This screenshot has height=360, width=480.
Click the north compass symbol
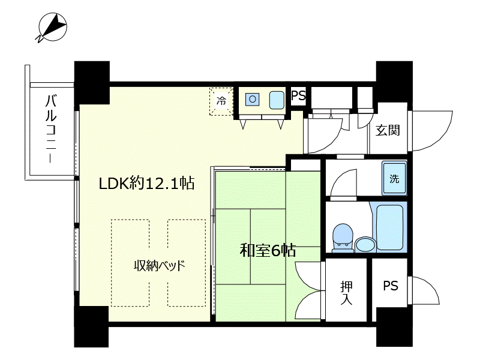(x=52, y=27)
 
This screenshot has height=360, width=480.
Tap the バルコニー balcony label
(x=51, y=128)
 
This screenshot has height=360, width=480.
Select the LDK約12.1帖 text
(x=146, y=183)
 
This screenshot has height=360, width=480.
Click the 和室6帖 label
(x=268, y=250)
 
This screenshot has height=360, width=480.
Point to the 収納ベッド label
(x=160, y=265)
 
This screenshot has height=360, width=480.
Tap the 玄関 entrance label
(x=388, y=130)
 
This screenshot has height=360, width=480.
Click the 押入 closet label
(x=346, y=293)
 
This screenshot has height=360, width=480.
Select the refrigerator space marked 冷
(x=221, y=101)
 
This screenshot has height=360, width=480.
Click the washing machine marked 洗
(x=394, y=178)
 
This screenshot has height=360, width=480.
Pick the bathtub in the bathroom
(x=389, y=227)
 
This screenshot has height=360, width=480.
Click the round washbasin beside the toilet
(x=365, y=245)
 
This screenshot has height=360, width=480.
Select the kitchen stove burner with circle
(x=253, y=99)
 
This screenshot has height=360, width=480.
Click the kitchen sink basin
(x=277, y=100)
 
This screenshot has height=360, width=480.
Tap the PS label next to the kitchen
(x=298, y=95)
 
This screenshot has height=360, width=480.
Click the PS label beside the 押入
(x=391, y=286)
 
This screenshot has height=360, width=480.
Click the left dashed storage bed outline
(x=130, y=263)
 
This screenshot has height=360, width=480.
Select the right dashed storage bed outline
(x=187, y=263)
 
